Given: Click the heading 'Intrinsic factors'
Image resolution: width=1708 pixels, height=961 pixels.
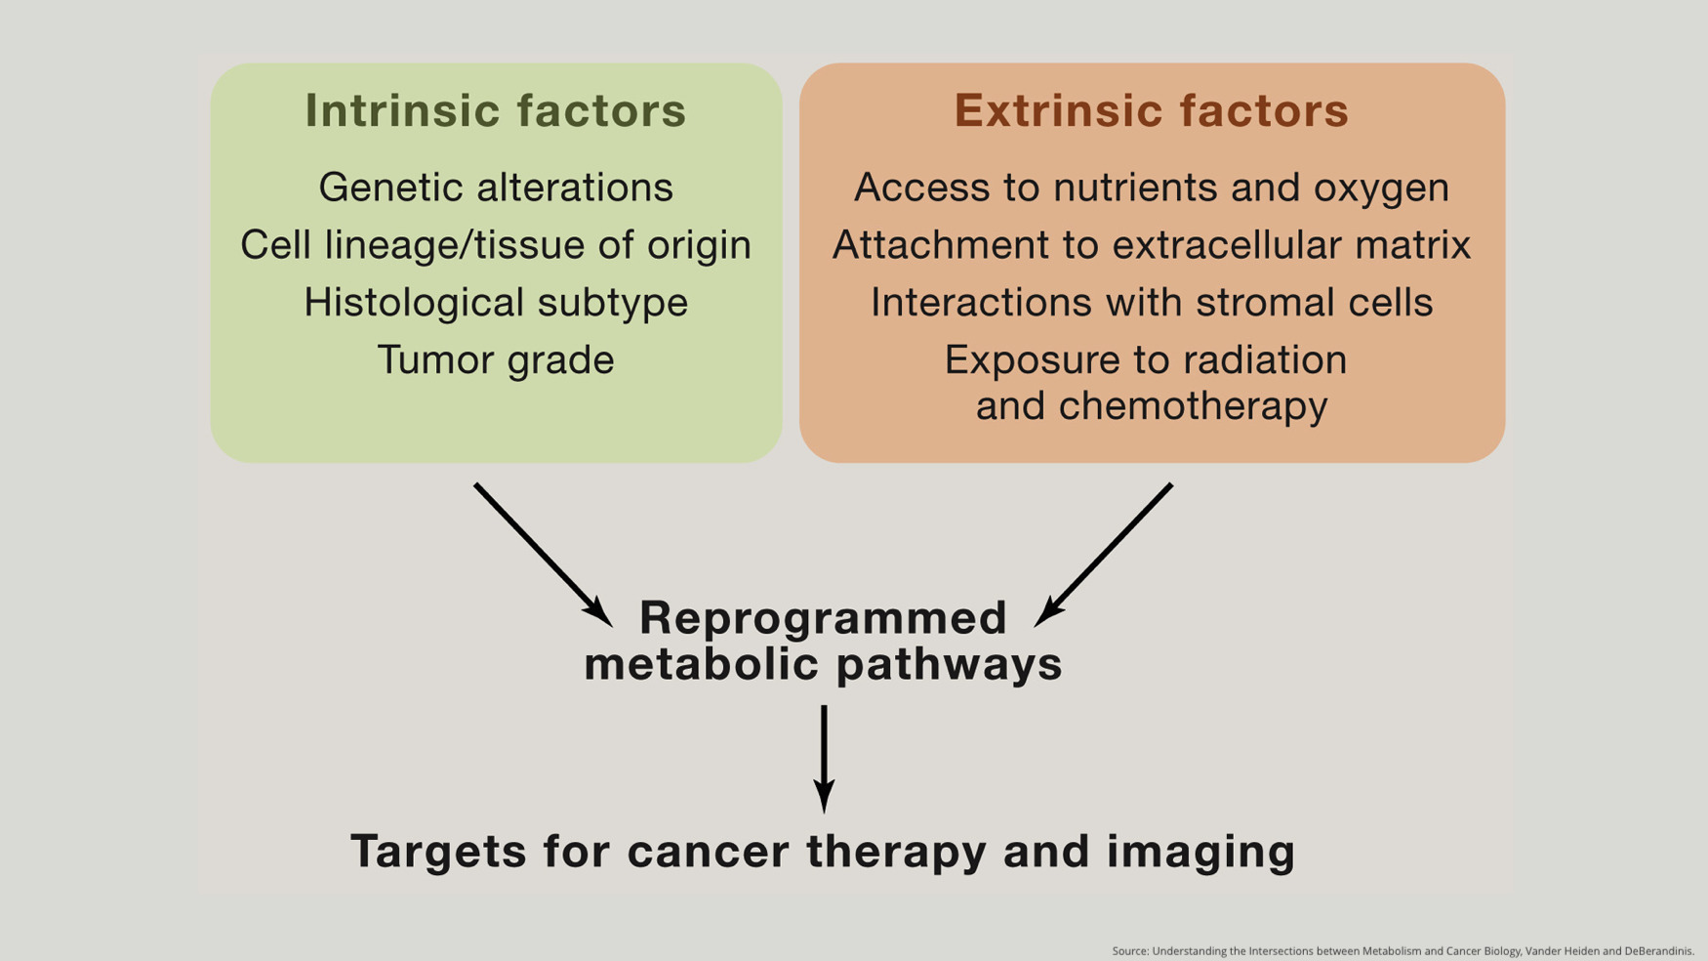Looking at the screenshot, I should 496,110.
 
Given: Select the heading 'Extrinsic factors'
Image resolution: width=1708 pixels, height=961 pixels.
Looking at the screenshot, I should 1152,110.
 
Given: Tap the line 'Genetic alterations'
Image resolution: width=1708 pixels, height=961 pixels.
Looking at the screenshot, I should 496,188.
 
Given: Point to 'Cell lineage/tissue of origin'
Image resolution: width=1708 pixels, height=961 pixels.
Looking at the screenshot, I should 496,245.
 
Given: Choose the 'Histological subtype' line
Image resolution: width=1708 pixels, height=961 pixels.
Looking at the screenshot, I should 496,303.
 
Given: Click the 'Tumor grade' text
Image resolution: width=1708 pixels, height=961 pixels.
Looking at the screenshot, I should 496,360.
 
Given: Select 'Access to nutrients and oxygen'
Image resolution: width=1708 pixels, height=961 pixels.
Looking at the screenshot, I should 1152,188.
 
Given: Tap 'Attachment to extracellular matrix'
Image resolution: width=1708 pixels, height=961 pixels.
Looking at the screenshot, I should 1152,245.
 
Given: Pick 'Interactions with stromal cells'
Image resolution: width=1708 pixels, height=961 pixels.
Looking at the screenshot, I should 1152,303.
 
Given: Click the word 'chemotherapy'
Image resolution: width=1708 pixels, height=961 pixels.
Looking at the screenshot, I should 1193,406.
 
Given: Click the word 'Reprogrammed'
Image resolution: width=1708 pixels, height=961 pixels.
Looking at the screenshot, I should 823,618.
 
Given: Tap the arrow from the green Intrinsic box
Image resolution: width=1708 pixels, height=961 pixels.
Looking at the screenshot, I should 542,554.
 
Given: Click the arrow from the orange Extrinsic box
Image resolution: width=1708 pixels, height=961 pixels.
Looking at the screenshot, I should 1105,554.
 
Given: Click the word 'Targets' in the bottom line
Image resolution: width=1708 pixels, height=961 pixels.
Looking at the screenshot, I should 439,852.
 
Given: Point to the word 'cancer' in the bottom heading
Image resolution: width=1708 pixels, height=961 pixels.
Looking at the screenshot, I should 709,852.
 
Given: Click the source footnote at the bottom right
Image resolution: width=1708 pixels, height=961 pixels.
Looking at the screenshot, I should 1403,951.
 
